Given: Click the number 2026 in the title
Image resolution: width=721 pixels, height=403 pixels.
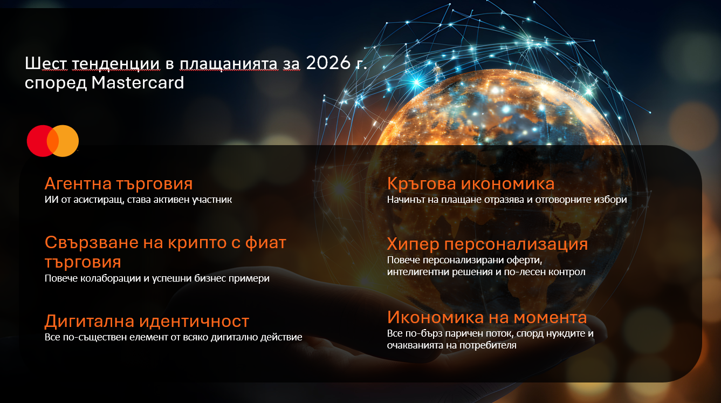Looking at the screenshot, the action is (328, 63).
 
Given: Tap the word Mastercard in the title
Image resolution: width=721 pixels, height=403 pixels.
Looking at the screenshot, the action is (138, 83).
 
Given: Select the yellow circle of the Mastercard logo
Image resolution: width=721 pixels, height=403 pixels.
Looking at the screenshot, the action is (63, 141).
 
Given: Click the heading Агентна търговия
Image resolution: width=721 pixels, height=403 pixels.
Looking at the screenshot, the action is (119, 184).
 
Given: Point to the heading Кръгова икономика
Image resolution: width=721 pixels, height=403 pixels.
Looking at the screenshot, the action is (471, 184).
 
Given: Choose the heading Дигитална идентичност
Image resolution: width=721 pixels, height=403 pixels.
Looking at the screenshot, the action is (147, 321).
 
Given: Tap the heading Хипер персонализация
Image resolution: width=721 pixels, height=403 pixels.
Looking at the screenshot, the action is (487, 244).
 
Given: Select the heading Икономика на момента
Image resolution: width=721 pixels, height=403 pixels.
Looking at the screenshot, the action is (487, 317).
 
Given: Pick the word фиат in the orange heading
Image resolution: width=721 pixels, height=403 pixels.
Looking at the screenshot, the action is (266, 243).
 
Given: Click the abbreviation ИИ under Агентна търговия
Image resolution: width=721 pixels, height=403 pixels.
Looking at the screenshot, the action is (52, 200).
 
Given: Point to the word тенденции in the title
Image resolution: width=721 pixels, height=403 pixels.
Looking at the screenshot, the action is (115, 63).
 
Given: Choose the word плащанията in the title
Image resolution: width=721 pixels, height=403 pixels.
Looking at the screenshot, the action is (229, 64).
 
